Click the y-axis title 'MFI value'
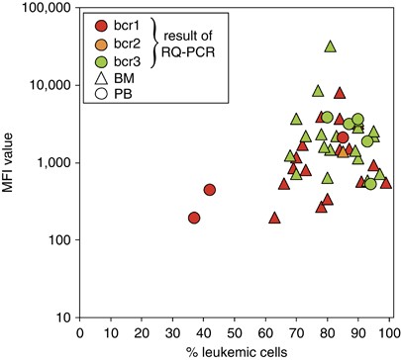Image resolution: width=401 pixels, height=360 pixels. [12, 164]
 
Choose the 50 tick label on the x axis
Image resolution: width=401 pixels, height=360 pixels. [235, 332]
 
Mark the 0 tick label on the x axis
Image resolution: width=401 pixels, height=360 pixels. [79, 332]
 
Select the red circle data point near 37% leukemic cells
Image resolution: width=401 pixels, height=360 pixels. [194, 218]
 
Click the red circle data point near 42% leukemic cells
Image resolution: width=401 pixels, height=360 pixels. [210, 190]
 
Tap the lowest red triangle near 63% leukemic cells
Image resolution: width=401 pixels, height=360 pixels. [274, 217]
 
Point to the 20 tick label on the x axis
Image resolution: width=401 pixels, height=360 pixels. [142, 332]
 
